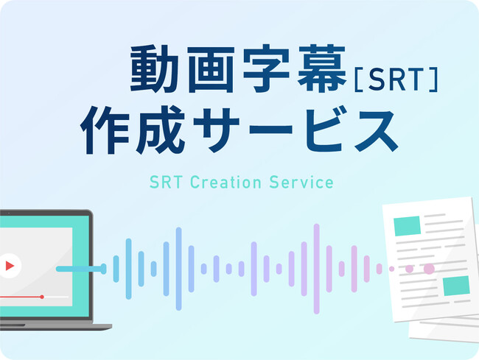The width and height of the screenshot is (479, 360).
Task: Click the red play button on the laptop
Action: tap(10, 266)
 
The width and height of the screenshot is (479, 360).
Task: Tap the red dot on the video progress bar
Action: tap(42, 297)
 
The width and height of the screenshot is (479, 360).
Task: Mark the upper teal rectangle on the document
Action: tap(407, 226)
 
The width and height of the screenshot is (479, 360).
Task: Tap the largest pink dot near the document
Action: tap(429, 269)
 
